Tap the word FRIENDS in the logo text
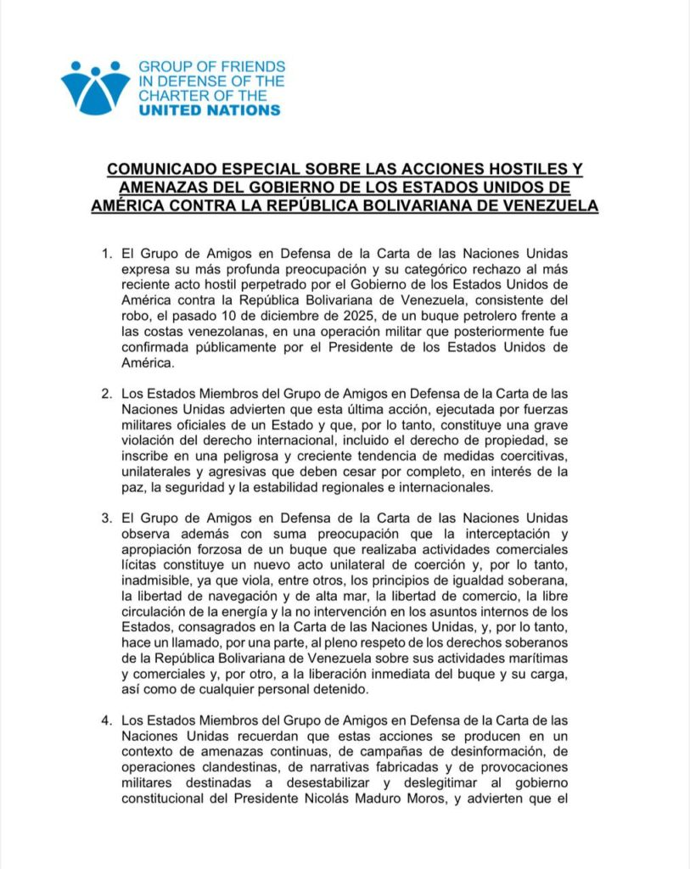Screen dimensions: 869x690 click(251, 66)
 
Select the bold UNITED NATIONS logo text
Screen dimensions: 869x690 click(210, 110)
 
